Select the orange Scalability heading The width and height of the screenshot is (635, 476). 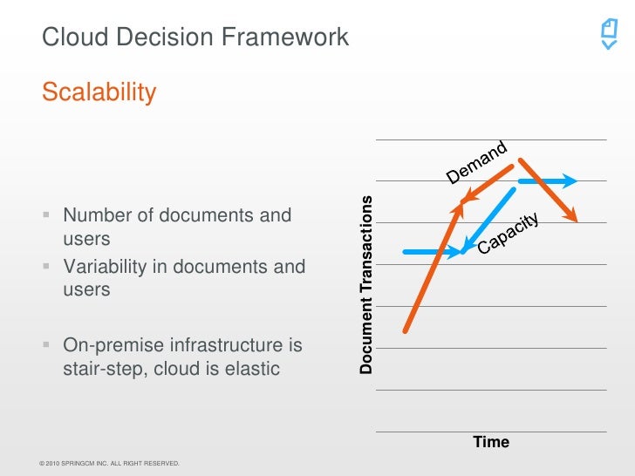99,92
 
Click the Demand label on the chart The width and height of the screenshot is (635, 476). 476,163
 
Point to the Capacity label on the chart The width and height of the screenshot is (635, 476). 509,234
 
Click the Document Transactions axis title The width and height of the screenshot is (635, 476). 366,284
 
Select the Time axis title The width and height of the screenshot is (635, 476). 491,442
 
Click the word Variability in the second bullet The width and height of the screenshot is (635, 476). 102,267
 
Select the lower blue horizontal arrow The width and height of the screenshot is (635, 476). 432,252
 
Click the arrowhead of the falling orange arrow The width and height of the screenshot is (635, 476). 574,215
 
